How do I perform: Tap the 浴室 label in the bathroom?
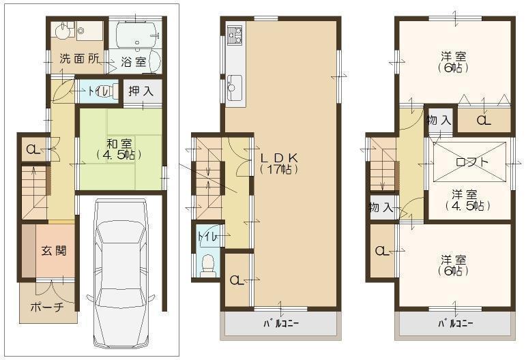(134, 61)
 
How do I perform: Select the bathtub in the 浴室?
(136, 33)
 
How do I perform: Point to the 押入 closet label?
(141, 90)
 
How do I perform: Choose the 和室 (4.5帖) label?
(119, 149)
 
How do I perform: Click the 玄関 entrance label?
(52, 250)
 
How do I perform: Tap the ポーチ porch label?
(47, 307)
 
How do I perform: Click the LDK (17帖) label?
(279, 162)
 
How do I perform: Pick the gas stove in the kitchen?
(234, 35)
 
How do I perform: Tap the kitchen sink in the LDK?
(235, 87)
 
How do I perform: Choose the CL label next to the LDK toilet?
(236, 280)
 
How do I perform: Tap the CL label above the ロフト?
(482, 121)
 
